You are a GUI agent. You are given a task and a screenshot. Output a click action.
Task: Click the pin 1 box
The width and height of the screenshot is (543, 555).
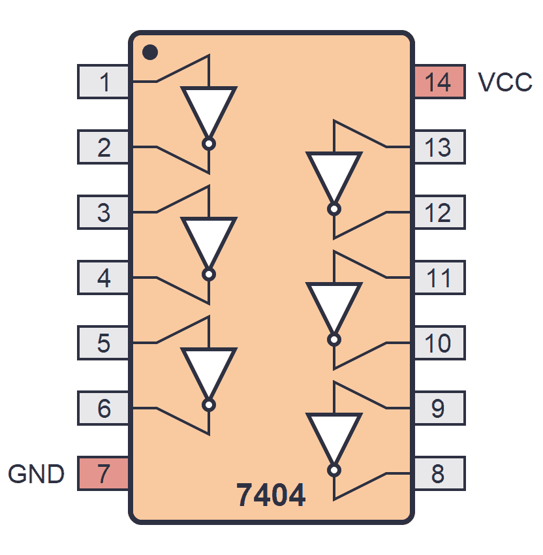point(103,82)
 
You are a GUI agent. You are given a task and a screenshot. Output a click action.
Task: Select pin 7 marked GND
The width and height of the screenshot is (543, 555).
point(103,473)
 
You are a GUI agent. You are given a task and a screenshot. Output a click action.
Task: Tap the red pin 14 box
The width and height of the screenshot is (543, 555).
point(439,82)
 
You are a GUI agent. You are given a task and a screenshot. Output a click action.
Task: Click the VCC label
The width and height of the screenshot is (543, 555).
point(504,82)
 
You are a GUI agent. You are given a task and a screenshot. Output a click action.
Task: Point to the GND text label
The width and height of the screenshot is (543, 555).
point(37,473)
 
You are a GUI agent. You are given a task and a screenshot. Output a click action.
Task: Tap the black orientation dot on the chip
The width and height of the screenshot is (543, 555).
point(149,51)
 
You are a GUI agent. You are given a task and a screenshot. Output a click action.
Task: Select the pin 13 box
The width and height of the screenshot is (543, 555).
point(439,148)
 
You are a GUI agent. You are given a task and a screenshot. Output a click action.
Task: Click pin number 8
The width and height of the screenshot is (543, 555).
point(439,473)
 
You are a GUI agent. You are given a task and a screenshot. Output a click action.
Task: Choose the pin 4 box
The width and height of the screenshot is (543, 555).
point(103,278)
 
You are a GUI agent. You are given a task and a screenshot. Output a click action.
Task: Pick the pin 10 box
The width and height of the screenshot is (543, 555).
point(439,343)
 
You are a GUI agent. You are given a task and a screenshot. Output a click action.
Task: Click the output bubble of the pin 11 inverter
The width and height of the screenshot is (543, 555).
point(334,340)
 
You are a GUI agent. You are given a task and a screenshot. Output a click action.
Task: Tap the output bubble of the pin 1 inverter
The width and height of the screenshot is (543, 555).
point(209,144)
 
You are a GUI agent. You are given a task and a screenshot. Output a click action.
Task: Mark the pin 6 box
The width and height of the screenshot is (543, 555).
point(103,409)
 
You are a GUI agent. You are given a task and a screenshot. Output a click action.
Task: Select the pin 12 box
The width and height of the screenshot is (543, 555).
point(439,213)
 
